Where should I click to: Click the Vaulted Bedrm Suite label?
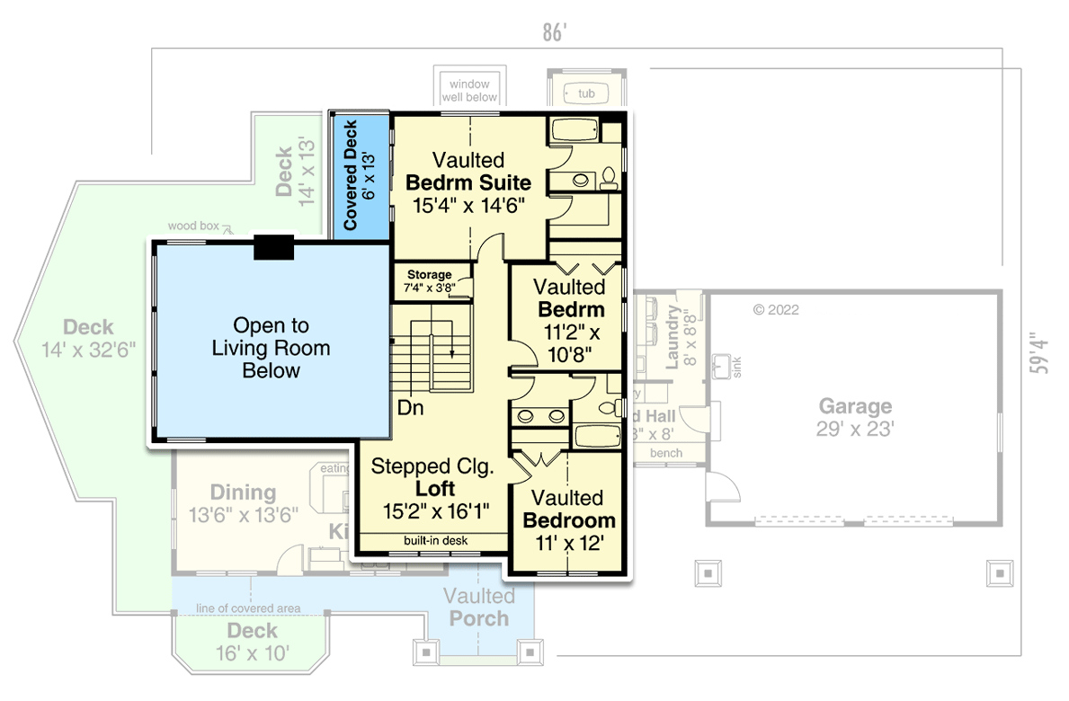[468, 182]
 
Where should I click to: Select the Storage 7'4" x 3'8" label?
[431, 281]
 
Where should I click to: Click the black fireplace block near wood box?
[273, 247]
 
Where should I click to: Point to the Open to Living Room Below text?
[271, 348]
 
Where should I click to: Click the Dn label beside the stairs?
[411, 407]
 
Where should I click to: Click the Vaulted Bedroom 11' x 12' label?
[568, 519]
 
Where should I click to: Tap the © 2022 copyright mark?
[776, 310]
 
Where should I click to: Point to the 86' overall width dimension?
[555, 33]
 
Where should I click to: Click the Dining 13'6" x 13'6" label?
[242, 503]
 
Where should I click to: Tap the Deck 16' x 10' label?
[252, 642]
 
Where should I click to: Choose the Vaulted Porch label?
[479, 608]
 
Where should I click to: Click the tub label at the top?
[586, 93]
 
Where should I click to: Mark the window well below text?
[469, 90]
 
